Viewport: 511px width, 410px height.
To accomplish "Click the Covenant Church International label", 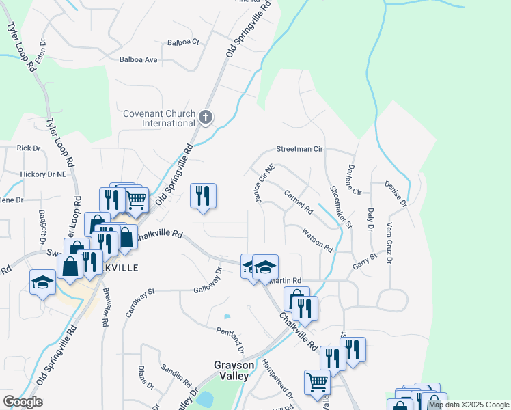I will tap(159, 118).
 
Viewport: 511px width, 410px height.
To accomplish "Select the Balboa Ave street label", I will tap(139, 60).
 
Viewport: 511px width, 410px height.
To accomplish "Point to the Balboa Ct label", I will tap(183, 42).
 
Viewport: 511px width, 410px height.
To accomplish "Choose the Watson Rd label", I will tap(318, 239).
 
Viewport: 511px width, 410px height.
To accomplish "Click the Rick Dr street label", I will tap(29, 148).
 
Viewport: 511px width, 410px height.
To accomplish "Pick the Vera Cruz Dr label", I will tap(389, 243).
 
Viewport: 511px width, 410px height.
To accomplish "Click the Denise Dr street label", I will tap(396, 194).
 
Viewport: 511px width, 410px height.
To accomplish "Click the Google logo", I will tap(23, 402).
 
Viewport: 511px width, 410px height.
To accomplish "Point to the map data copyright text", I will tap(469, 405).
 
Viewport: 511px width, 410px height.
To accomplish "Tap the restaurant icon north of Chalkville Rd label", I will tap(203, 195).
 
